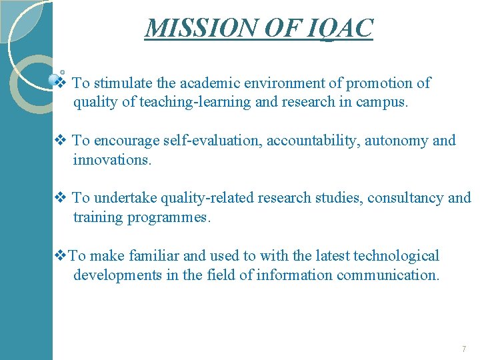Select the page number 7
point(463,349)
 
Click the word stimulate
point(123,83)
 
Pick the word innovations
point(112,160)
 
